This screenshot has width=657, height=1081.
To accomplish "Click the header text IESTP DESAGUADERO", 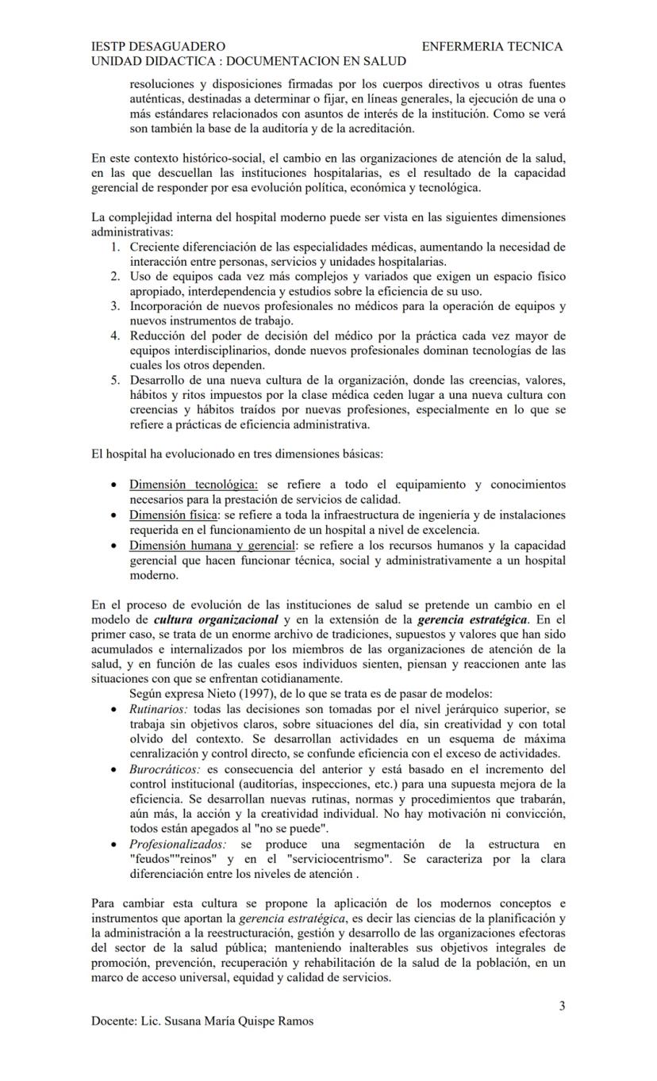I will [x=158, y=47].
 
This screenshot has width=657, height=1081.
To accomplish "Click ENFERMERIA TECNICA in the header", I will [x=492, y=47].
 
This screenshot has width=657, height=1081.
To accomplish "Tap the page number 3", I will [x=562, y=1006].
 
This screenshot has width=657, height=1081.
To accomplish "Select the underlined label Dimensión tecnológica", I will [x=194, y=484].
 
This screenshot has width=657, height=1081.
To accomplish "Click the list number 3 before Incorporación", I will [x=115, y=305].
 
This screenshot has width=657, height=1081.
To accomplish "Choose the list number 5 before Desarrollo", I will [x=115, y=380].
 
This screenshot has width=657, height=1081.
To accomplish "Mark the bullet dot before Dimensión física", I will [x=117, y=516].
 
